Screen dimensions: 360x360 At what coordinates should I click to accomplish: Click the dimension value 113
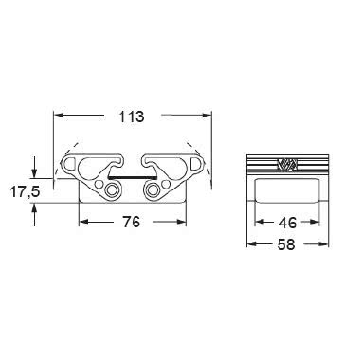[x=131, y=117]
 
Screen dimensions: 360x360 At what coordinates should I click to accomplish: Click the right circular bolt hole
[x=151, y=192]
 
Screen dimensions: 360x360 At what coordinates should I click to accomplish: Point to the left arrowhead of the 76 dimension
[x=81, y=224]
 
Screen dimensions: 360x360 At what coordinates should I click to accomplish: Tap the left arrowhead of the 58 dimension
[x=249, y=245]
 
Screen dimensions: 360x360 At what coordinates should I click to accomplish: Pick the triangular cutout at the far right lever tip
[x=194, y=169]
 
